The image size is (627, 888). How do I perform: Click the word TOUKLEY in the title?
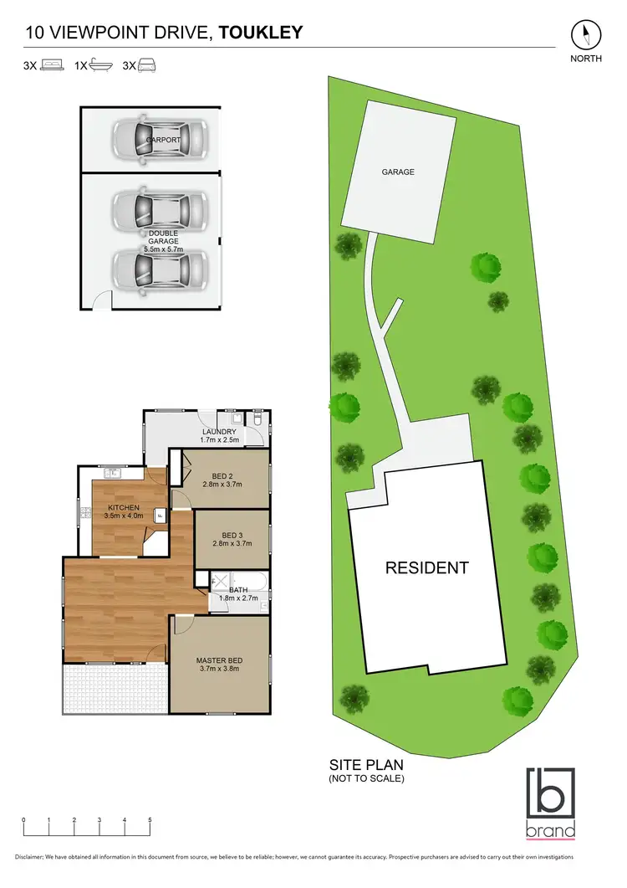(x=261, y=33)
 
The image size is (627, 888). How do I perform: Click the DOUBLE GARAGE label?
(x=163, y=234)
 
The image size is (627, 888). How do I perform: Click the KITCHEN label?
(x=125, y=508)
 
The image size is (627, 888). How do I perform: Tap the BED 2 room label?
(x=222, y=475)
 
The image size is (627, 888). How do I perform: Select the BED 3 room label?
(x=230, y=535)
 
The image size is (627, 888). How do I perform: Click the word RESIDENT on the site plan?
(x=426, y=567)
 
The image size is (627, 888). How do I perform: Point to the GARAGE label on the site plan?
(x=398, y=172)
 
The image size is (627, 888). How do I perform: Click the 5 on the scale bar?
(x=150, y=819)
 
